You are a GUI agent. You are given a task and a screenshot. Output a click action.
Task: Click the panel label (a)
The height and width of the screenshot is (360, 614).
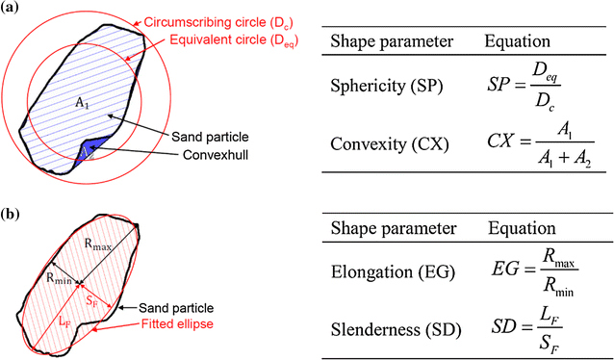point(12,11)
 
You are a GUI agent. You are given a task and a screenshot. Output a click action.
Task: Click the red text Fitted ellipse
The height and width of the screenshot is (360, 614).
point(178,323)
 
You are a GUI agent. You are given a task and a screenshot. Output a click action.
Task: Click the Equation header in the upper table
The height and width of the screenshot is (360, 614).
point(517,42)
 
